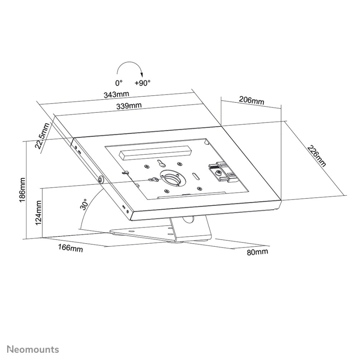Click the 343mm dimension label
pyautogui.click(x=116, y=94)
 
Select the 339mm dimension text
pyautogui.click(x=129, y=106)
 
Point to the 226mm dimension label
pyautogui.click(x=317, y=156)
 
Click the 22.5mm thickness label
pyautogui.click(x=43, y=136)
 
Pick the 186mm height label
pyautogui.click(x=22, y=190)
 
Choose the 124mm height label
pyautogui.click(x=38, y=213)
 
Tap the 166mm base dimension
pyautogui.click(x=70, y=248)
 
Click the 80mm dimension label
pyautogui.click(x=257, y=252)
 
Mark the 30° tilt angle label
pyautogui.click(x=84, y=204)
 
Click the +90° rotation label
pyautogui.click(x=142, y=83)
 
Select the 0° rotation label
pyautogui.click(x=119, y=83)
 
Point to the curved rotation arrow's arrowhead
pyautogui.click(x=142, y=74)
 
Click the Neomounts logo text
pyautogui.click(x=33, y=350)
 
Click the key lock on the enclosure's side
pyautogui.click(x=100, y=179)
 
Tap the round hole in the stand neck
pyautogui.click(x=188, y=219)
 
